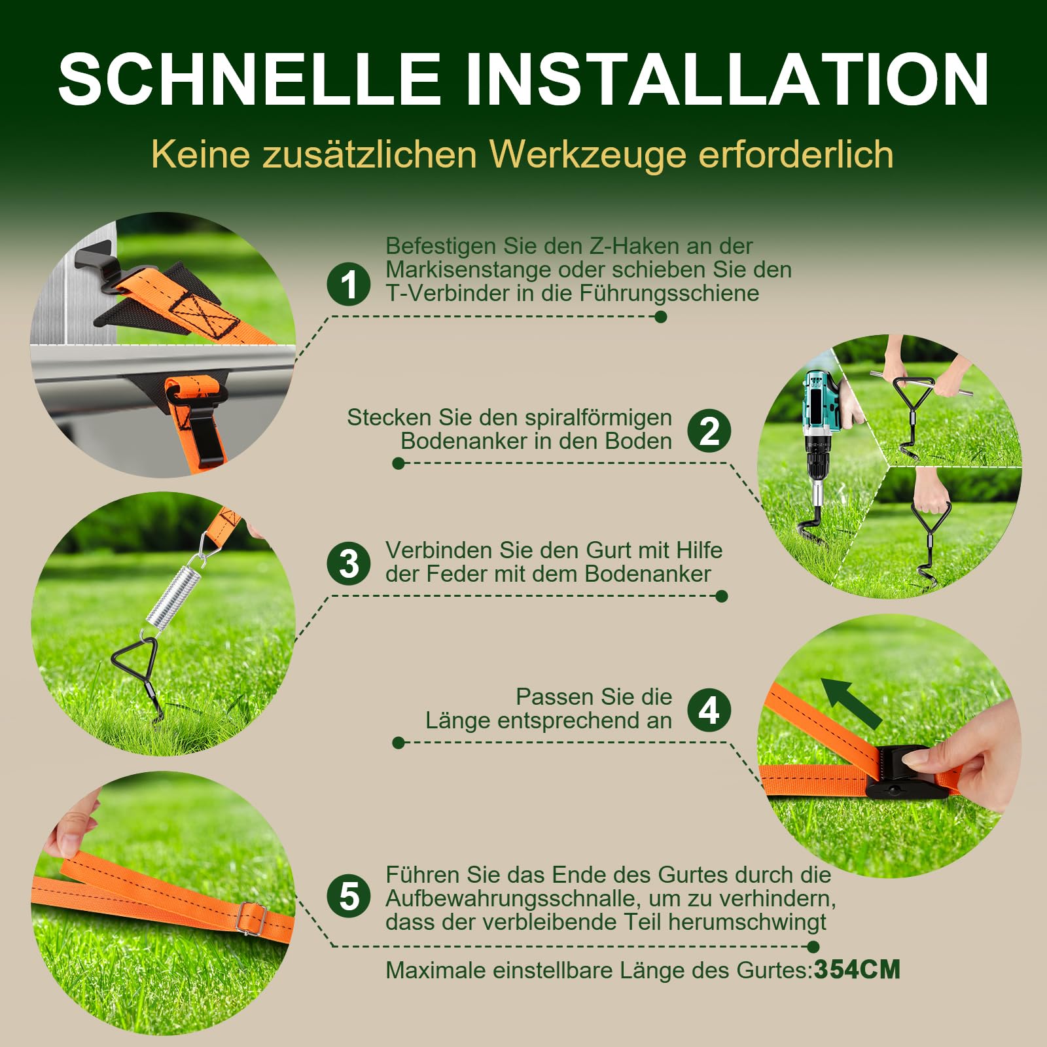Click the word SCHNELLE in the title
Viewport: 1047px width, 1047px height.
point(249,79)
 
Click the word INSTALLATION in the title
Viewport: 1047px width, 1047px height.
point(726,79)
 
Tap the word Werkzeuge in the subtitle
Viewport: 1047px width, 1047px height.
point(588,156)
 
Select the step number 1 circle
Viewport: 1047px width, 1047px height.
point(349,284)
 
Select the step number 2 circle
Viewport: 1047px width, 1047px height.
point(709,431)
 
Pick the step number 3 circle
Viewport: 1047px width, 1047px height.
point(349,563)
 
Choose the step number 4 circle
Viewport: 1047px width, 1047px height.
point(709,710)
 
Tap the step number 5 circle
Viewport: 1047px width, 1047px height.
point(349,896)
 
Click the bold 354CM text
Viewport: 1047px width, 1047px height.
point(857,970)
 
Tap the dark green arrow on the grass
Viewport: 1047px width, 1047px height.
point(851,703)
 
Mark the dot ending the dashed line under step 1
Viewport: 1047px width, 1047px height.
point(661,317)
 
